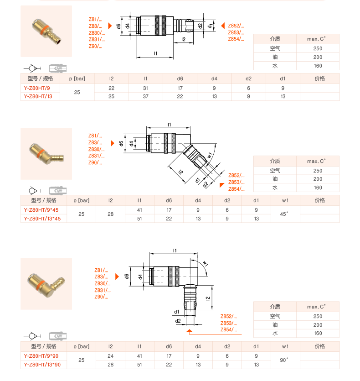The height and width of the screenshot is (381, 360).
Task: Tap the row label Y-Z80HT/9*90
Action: point(44,356)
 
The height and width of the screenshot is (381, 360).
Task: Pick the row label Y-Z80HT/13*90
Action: point(44,365)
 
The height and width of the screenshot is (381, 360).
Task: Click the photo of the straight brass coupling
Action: point(46,31)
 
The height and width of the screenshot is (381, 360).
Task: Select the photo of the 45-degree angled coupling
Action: point(46,153)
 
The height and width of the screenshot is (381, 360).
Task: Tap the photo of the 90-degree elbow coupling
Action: point(46,283)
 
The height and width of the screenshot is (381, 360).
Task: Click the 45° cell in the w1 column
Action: point(285,214)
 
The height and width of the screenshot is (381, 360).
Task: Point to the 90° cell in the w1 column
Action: point(285,360)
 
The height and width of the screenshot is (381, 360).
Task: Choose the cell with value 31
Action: point(145,88)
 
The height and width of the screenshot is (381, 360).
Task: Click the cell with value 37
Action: point(145,97)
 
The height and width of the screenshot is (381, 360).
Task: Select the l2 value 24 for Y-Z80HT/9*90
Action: point(111,356)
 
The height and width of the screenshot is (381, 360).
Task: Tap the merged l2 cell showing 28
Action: point(111,214)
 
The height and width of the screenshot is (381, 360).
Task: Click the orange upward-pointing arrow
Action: point(190,331)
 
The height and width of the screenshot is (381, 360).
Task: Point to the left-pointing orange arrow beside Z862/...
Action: point(222,26)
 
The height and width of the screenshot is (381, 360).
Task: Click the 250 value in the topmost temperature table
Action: point(318,48)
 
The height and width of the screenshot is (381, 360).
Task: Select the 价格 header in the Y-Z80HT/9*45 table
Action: point(319,200)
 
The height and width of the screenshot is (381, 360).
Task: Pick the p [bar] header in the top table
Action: point(77,78)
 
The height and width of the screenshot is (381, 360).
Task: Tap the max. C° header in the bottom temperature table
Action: point(318,307)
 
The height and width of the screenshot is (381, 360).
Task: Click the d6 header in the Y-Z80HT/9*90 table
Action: point(169,346)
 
